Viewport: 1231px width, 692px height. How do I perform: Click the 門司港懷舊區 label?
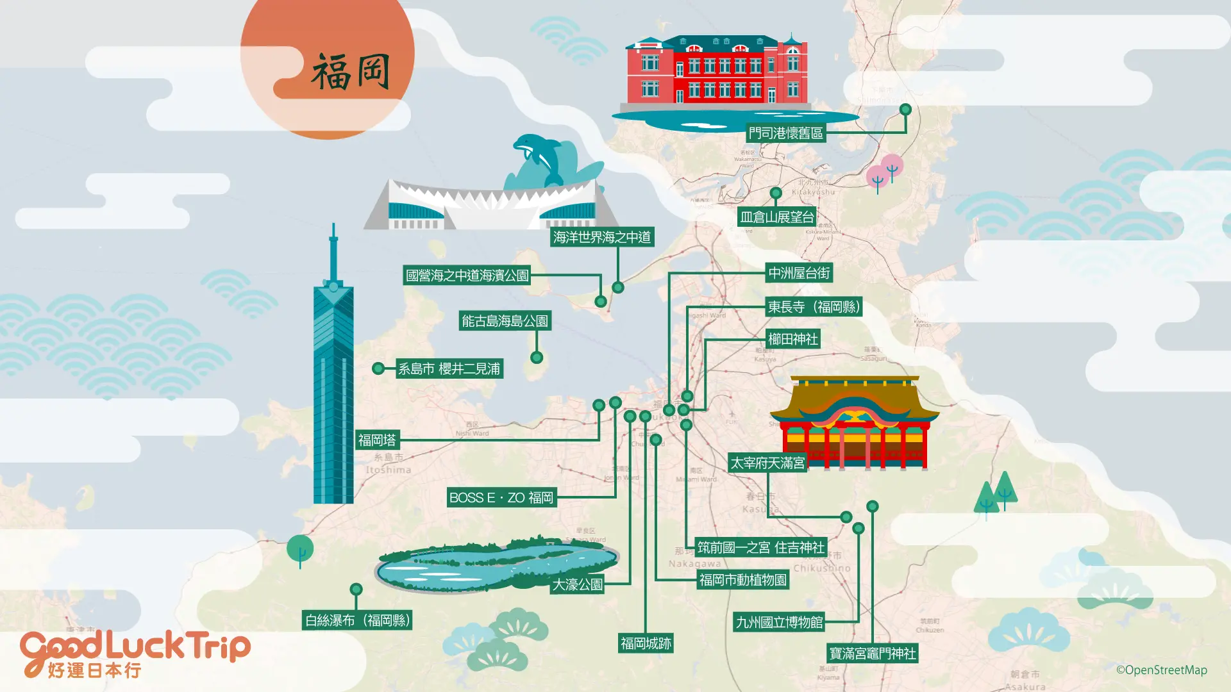tap(785, 133)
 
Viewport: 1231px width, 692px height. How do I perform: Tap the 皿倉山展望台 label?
tap(777, 217)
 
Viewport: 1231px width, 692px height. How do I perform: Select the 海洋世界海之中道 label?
tap(601, 238)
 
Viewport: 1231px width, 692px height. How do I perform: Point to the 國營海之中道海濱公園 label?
tap(467, 276)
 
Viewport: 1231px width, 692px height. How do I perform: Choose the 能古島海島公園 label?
tap(505, 321)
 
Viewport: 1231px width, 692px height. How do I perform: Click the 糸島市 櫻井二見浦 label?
tap(449, 369)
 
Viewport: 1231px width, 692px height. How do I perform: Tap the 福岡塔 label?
tap(378, 440)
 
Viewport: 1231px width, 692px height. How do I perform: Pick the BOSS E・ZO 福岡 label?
tap(501, 498)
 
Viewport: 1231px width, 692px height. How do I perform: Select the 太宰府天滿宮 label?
tap(767, 463)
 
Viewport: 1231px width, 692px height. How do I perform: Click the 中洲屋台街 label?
tap(799, 274)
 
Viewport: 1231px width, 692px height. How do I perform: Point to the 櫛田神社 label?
tap(792, 339)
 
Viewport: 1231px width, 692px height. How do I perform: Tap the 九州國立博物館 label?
tap(779, 622)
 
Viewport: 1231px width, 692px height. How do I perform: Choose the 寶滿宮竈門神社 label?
tap(873, 654)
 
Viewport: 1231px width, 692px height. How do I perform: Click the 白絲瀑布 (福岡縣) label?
tap(357, 620)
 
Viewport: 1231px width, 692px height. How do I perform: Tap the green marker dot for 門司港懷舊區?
tap(905, 110)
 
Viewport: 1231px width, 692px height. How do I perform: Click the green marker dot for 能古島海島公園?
tap(537, 358)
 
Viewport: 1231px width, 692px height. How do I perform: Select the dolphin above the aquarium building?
tap(537, 157)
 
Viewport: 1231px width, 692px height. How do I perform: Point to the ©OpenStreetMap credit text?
tap(1161, 670)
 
